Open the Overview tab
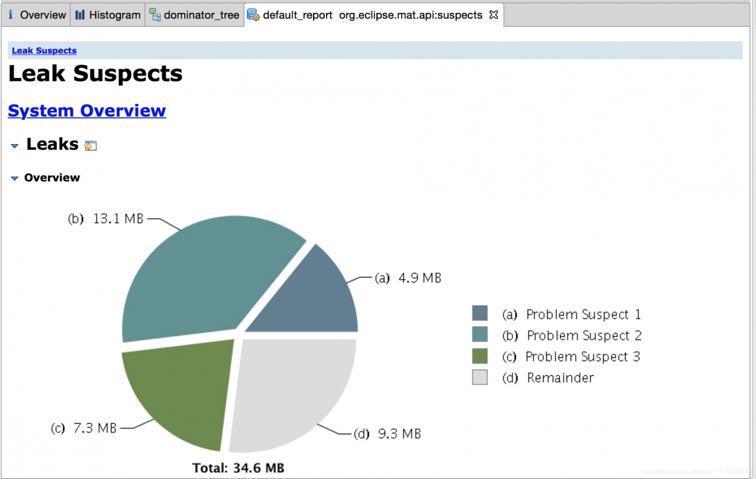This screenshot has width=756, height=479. coord(37,15)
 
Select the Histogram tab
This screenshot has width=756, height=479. coord(108,15)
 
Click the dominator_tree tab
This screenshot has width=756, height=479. coord(195,15)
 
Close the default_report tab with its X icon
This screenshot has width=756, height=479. coord(494,15)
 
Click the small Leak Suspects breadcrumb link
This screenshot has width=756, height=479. coord(44,51)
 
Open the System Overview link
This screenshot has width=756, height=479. coord(87,111)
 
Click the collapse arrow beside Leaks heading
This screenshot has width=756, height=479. coord(15,145)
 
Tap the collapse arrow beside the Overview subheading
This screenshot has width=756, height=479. coord(15,178)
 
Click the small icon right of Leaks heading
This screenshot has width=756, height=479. coord(90,145)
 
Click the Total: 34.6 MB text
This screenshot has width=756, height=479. coord(238,468)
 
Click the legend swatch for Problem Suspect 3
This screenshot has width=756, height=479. coord(480,356)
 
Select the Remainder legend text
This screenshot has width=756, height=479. coord(560,378)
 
